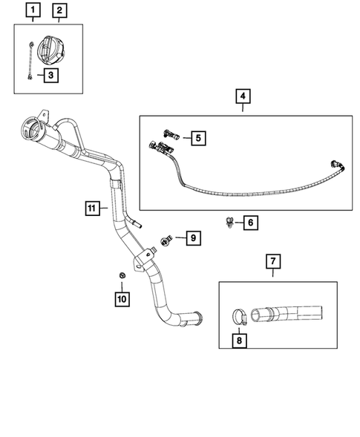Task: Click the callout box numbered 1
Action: [x=32, y=11]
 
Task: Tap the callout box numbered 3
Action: [x=50, y=75]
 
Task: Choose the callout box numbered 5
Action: [x=198, y=137]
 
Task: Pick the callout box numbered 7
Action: [x=272, y=261]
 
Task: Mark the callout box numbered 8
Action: [x=239, y=341]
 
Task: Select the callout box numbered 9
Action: [x=192, y=238]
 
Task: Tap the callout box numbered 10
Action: [x=121, y=298]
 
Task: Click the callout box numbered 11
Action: [x=91, y=209]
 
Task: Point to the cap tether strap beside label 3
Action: [x=27, y=59]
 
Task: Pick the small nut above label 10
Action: [x=120, y=277]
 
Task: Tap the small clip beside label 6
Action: [x=230, y=220]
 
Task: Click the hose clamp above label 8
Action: [x=238, y=317]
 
